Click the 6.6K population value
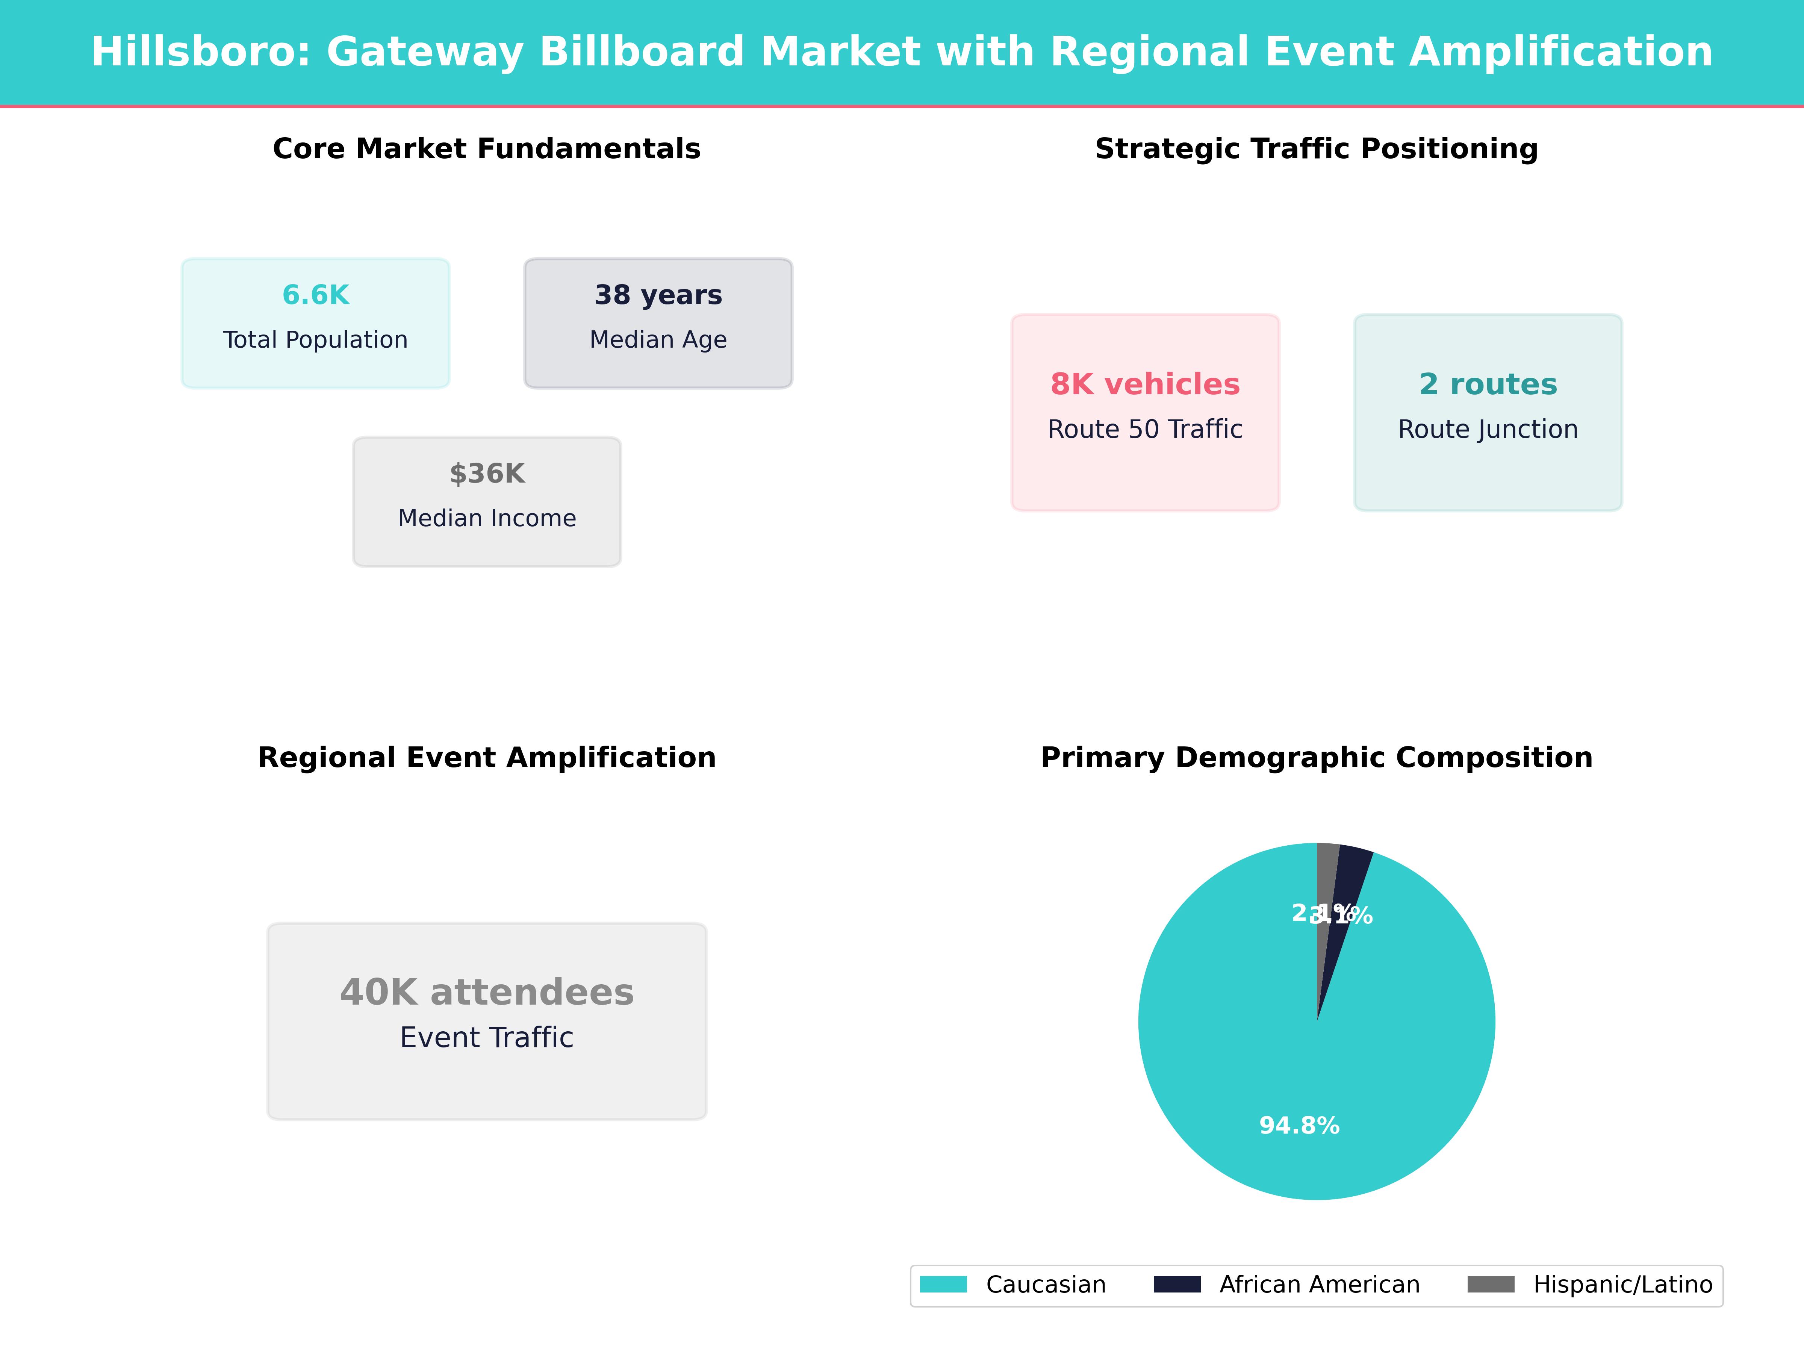[316, 295]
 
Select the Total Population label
[316, 340]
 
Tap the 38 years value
[658, 295]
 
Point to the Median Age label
[658, 340]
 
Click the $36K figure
[487, 474]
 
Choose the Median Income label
[487, 519]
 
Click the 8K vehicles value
[1145, 384]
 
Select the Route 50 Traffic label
[1145, 430]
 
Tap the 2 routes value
[1488, 384]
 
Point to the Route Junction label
[1488, 430]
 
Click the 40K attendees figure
[487, 993]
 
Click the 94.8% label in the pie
[1299, 1126]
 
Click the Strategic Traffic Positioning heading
[1316, 149]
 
